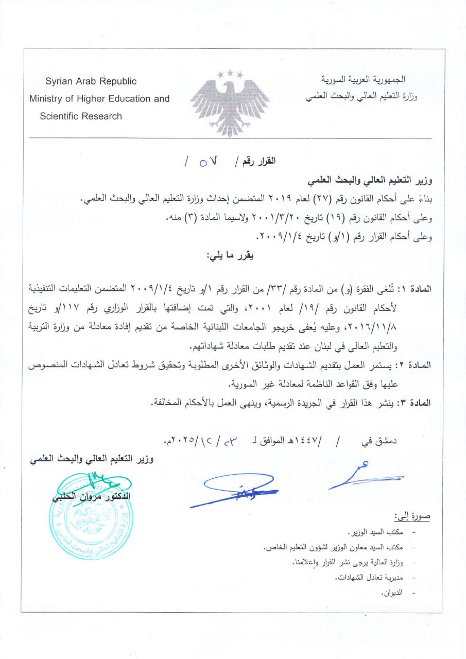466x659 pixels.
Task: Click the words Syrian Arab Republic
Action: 91,81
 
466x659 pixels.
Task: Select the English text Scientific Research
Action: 81,116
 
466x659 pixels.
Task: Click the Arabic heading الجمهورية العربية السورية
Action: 363,80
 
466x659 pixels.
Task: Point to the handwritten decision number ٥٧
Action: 208,162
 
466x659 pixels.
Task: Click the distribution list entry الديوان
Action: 392,593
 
